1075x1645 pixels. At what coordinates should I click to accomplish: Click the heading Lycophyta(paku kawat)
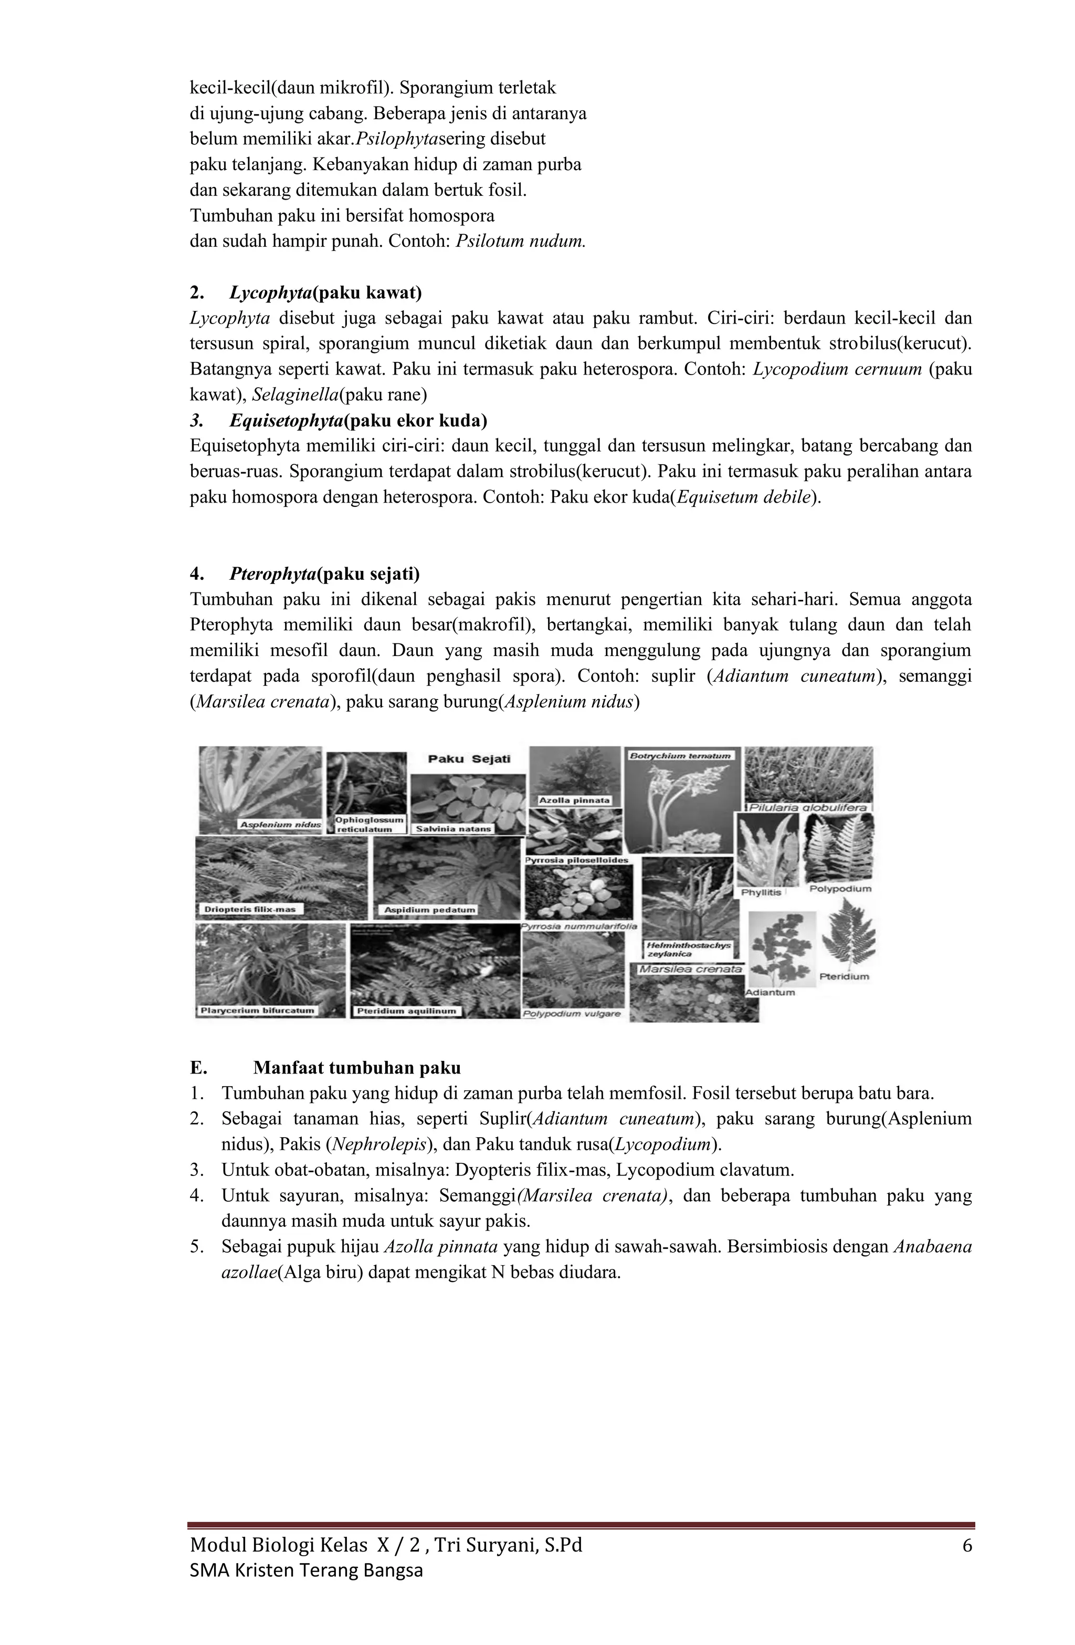325,293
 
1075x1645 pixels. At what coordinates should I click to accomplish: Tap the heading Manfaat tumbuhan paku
356,1068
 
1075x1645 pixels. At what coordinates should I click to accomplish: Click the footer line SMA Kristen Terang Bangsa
306,1571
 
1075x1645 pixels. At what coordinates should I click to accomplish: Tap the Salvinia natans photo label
453,828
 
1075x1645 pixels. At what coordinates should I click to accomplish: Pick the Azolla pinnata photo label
574,800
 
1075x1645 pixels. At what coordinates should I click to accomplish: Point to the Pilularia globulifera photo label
808,807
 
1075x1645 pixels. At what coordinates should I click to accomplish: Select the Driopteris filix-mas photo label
249,909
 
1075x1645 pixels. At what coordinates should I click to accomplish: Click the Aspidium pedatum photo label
430,910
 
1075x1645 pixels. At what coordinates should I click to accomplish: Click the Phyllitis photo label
761,892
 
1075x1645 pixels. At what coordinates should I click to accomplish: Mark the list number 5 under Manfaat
196,1247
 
